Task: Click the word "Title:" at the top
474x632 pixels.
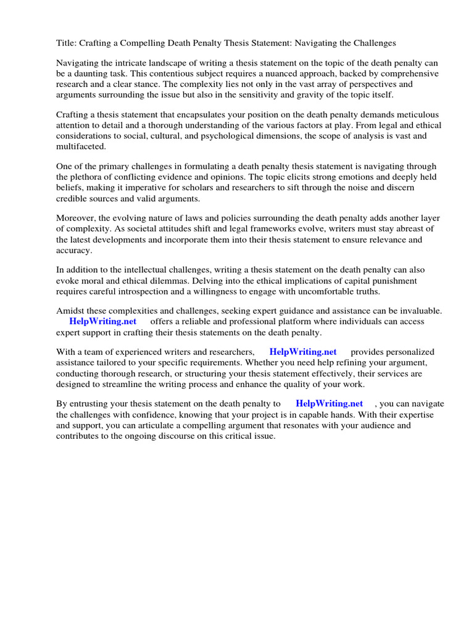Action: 67,43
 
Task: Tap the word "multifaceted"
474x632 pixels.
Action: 80,146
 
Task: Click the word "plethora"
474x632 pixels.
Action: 88,177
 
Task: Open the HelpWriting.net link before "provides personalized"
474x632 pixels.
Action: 303,352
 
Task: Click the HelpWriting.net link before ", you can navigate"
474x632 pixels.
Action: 329,404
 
